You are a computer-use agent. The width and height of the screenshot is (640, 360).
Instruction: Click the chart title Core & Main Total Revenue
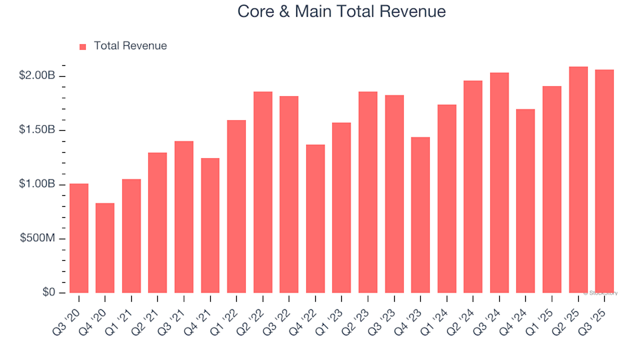[341, 12]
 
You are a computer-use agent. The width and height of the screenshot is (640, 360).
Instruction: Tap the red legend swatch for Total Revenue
[83, 47]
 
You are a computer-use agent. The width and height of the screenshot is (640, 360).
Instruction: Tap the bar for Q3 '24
[499, 183]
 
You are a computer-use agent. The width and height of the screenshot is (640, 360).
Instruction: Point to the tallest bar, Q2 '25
[578, 180]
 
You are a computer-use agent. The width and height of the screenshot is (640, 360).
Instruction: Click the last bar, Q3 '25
[604, 181]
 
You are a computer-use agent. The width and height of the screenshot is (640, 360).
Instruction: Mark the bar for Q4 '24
[525, 201]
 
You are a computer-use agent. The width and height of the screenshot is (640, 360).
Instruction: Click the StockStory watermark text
[601, 293]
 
